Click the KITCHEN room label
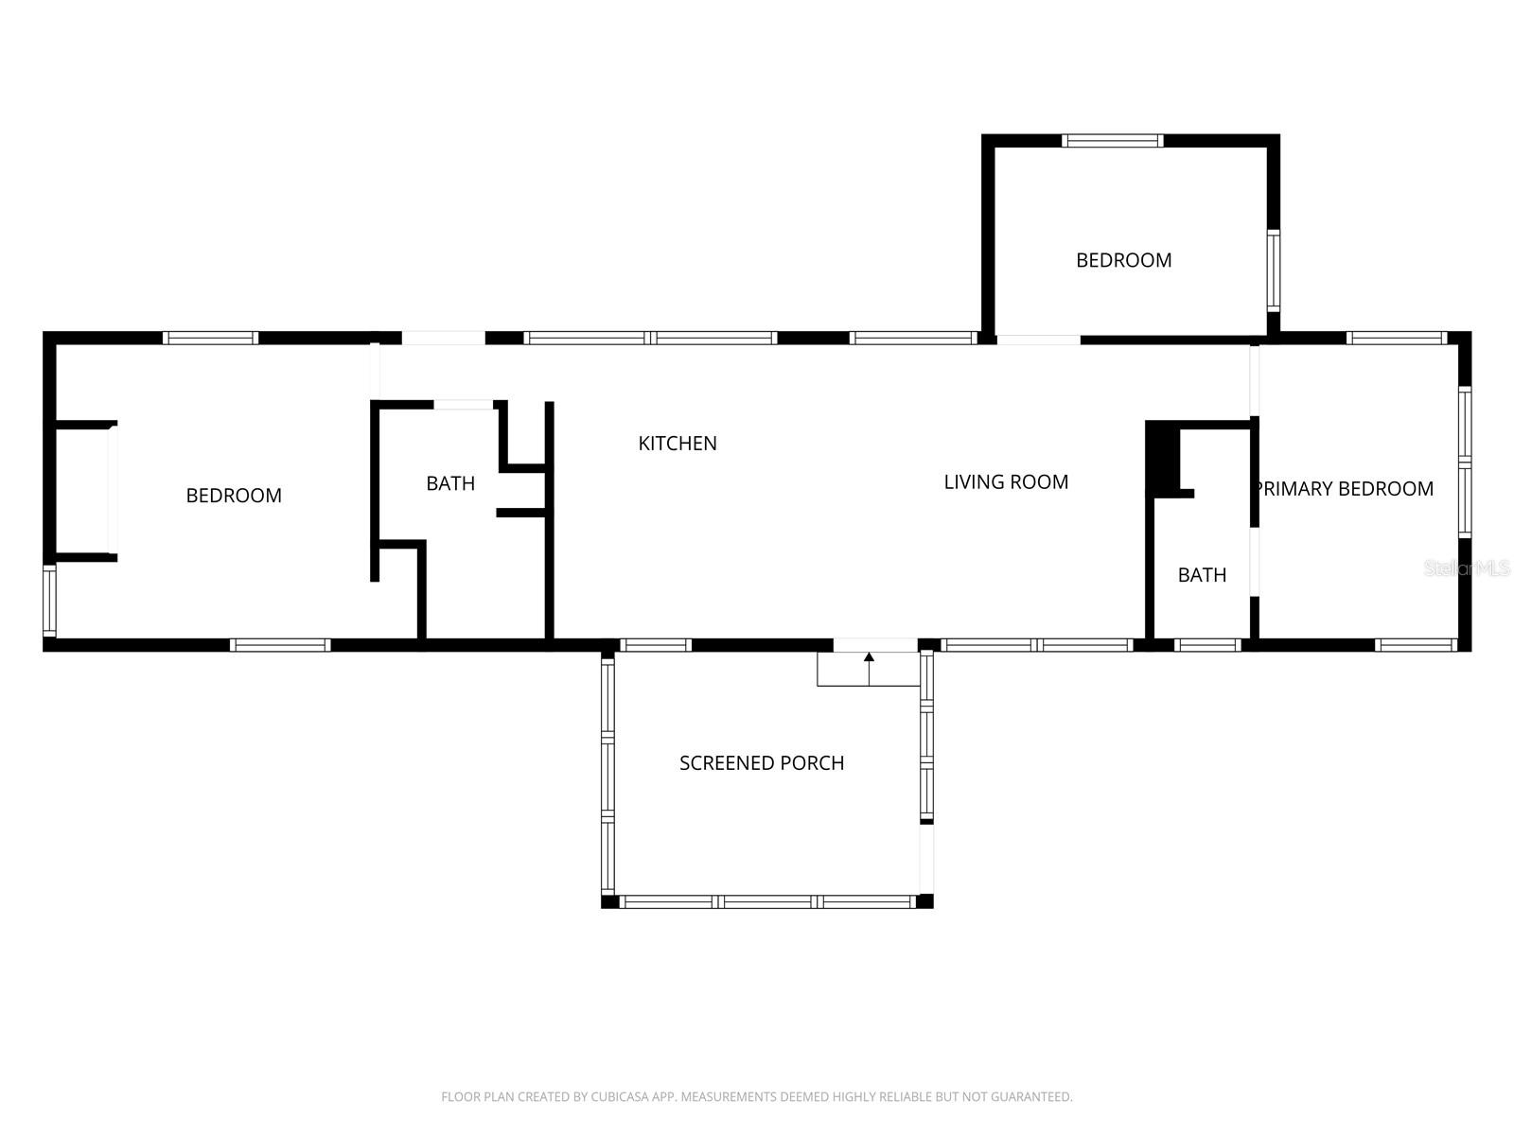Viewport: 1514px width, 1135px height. coord(678,443)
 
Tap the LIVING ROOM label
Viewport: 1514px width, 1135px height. coord(1006,481)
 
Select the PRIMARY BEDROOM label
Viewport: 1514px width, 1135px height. coord(1344,488)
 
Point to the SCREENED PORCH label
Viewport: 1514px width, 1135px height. coord(762,762)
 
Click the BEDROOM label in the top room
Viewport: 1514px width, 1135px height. coord(1123,260)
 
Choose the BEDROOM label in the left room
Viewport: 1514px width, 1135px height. coord(234,495)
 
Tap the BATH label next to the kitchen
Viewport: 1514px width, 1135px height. coord(450,483)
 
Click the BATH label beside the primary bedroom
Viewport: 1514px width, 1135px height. coord(1202,574)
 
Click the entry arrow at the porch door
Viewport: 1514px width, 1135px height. coord(869,657)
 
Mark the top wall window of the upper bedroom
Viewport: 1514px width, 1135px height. coord(1112,141)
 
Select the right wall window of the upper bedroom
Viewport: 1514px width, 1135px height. coord(1274,271)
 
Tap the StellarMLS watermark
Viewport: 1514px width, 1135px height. coord(1468,567)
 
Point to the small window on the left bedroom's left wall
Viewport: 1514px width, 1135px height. coord(49,601)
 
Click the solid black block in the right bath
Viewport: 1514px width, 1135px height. coord(1162,459)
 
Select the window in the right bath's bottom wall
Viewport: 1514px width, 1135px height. coord(1207,645)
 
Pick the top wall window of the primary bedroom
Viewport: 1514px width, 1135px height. coord(1396,338)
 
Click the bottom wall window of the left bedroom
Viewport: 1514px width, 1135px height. coord(280,645)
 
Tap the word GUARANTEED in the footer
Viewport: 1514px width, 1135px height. coord(1031,1097)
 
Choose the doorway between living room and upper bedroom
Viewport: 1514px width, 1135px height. coord(1038,340)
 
